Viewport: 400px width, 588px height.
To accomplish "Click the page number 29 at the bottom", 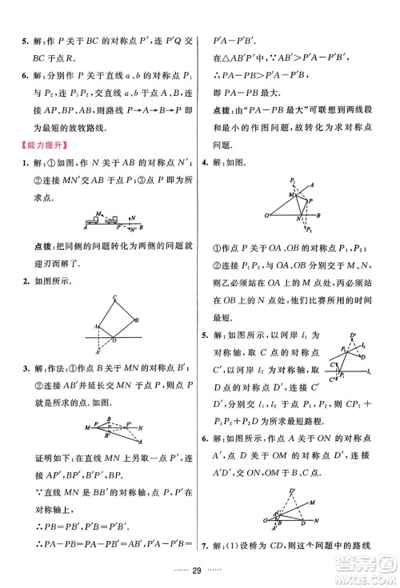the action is click(199, 571).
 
